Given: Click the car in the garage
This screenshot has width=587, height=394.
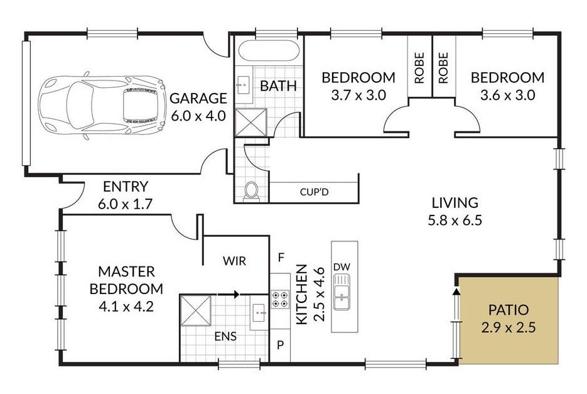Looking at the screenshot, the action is (102, 106).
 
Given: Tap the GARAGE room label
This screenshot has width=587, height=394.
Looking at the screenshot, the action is (198, 98).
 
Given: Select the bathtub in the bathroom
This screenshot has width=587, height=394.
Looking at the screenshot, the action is (269, 51).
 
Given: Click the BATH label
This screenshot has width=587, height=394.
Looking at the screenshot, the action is (278, 86).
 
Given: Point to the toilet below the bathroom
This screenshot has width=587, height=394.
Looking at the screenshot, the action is (251, 191).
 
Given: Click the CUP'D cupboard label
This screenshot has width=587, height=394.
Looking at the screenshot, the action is (314, 192).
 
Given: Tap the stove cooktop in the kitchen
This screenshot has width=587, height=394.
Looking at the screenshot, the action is (280, 299).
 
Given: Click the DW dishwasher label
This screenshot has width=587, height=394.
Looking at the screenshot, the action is (342, 267).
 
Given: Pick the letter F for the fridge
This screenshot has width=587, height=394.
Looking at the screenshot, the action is (281, 258).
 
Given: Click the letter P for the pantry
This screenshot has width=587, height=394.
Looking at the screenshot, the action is (281, 345).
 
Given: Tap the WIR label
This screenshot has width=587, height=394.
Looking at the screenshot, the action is (234, 261).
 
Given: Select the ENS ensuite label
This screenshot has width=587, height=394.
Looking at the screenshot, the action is (225, 336).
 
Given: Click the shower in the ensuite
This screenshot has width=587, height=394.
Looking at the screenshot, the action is (195, 310).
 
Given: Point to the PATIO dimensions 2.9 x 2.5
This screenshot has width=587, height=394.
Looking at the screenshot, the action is (509, 328).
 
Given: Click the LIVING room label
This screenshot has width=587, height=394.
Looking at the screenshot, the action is (455, 202).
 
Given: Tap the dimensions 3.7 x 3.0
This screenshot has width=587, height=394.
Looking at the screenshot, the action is (358, 96).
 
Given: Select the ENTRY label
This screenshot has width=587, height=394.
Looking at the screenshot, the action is (126, 186).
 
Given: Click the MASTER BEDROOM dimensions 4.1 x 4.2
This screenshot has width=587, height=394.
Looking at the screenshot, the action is (126, 307).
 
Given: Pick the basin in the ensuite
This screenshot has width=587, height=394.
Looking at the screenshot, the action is (259, 312).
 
